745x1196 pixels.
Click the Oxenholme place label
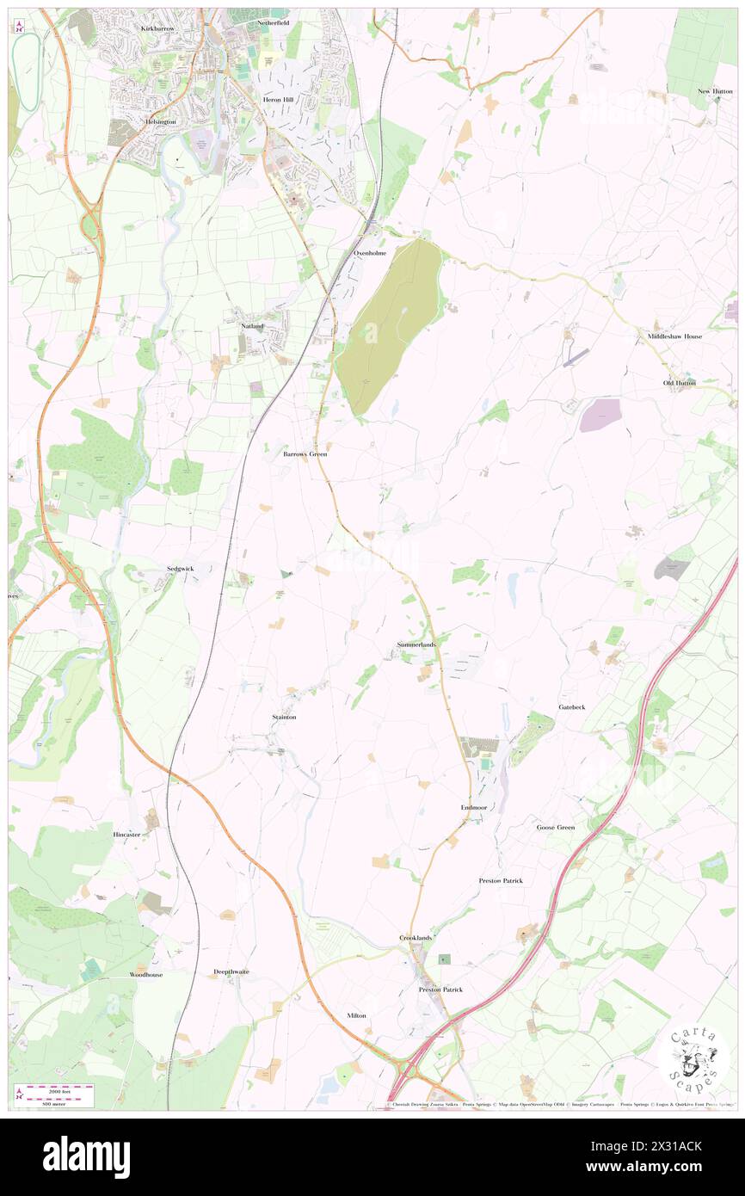pyautogui.click(x=371, y=253)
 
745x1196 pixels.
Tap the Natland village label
pyautogui.click(x=252, y=326)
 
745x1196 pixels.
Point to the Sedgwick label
pyautogui.click(x=181, y=570)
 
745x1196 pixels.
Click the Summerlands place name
pyautogui.click(x=416, y=644)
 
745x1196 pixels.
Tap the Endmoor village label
pyautogui.click(x=474, y=808)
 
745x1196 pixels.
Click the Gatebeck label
pyautogui.click(x=571, y=706)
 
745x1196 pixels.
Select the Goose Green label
pyautogui.click(x=555, y=827)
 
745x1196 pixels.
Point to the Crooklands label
pyautogui.click(x=416, y=937)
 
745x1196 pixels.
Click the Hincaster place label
pyautogui.click(x=126, y=835)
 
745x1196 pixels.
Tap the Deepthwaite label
pyautogui.click(x=231, y=971)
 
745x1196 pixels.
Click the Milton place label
pyautogui.click(x=356, y=1015)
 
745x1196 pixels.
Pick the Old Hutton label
pyautogui.click(x=679, y=382)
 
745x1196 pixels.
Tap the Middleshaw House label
pyautogui.click(x=675, y=336)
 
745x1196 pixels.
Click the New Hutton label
pyautogui.click(x=715, y=91)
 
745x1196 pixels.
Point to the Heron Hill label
pyautogui.click(x=278, y=100)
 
